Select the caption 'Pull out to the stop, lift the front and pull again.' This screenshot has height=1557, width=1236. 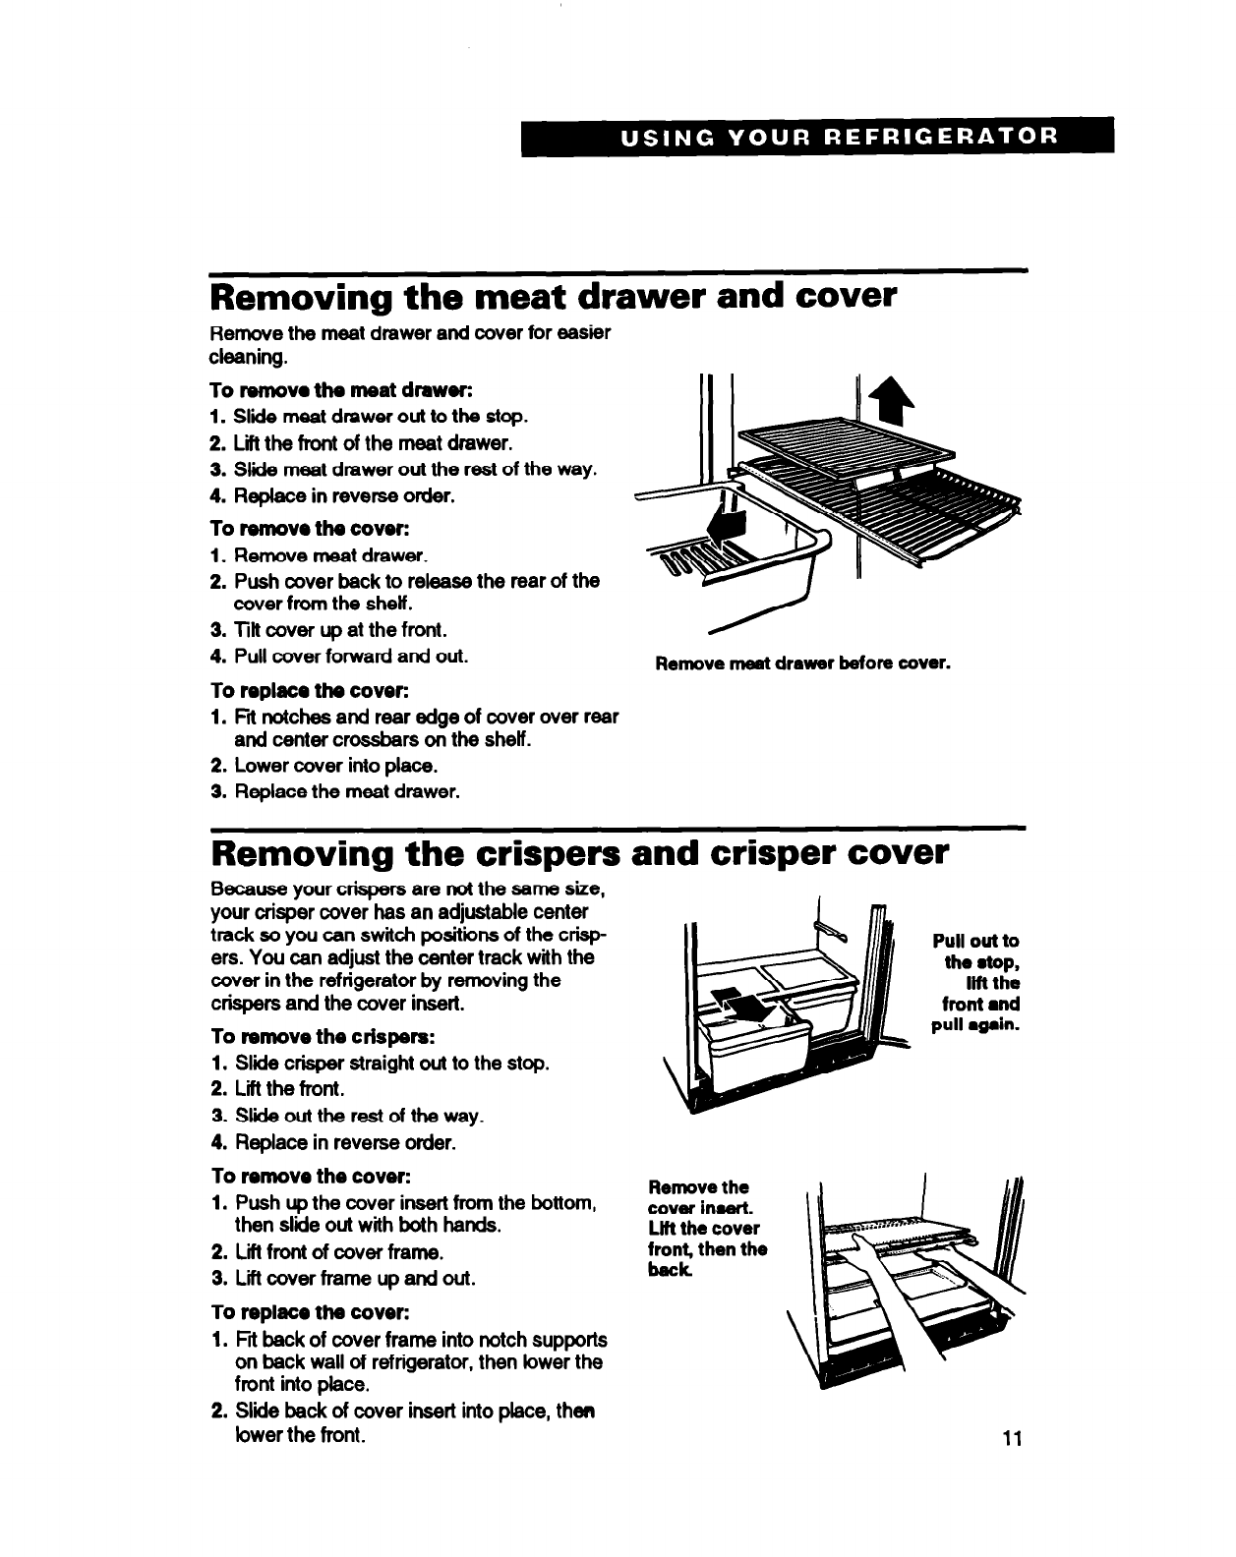click(974, 982)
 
